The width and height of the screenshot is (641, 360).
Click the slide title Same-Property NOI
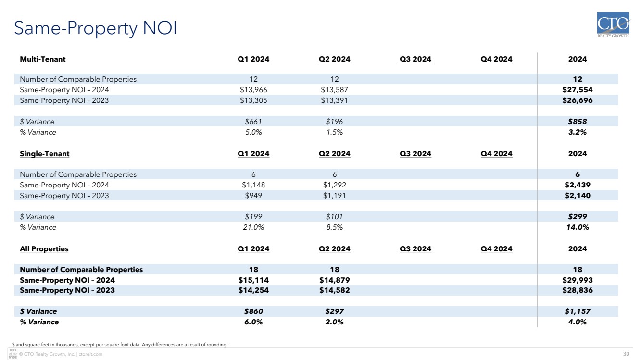[96, 28]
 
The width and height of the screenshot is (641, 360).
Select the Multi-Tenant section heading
[43, 59]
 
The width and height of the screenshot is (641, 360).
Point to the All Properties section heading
[44, 249]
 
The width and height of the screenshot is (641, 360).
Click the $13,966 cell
[253, 90]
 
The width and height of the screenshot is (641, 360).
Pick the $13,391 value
[334, 100]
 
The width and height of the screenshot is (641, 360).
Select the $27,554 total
[578, 90]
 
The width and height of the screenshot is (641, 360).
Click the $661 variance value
[253, 122]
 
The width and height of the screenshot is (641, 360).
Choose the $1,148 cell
[253, 185]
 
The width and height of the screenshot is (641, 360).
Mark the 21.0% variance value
[253, 227]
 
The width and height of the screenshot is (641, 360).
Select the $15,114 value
[253, 280]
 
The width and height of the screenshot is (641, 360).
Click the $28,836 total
[578, 291]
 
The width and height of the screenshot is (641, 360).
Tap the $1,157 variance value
[578, 311]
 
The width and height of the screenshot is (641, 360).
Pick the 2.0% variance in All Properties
[334, 322]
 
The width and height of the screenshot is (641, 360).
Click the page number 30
[626, 354]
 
